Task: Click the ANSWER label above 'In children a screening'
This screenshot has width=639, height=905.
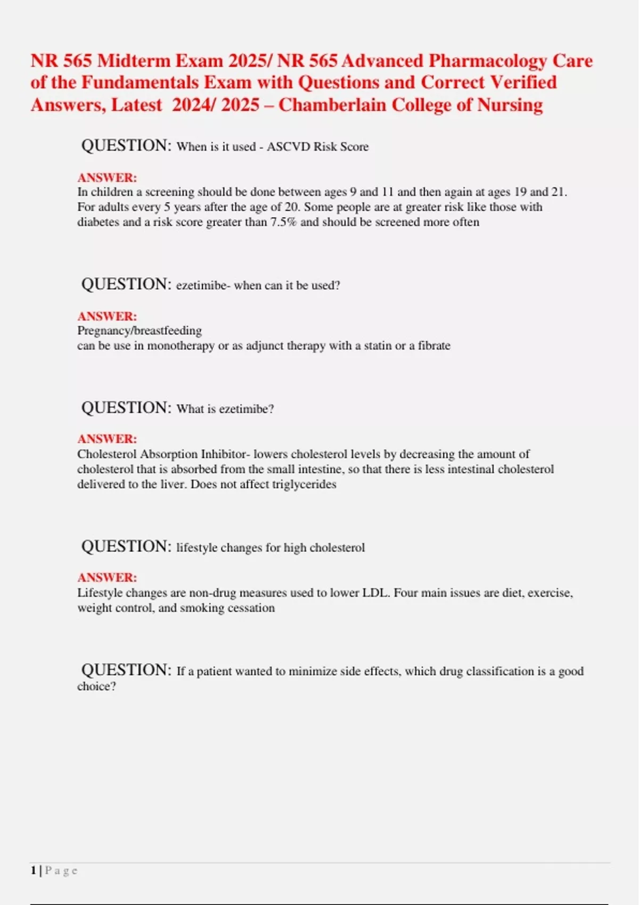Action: coord(107,177)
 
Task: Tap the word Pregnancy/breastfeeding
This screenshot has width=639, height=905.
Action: coord(140,331)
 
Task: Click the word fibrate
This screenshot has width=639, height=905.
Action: coord(434,345)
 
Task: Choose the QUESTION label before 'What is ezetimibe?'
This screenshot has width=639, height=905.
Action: coord(126,408)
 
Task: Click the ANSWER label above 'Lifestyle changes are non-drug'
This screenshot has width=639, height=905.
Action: coord(107,577)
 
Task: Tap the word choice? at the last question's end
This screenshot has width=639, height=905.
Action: coord(96,686)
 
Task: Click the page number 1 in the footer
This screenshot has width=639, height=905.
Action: coord(34,870)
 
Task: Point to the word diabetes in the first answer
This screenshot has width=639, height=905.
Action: coord(98,222)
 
